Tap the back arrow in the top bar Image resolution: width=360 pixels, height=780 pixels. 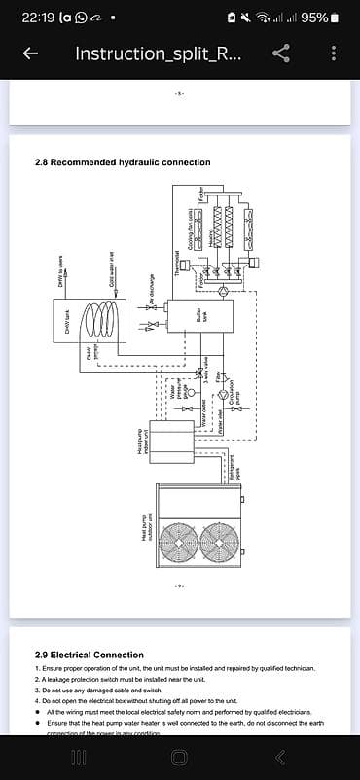click(30, 53)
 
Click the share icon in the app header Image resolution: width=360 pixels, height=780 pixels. click(281, 53)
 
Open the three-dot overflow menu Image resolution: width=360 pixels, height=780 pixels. click(334, 53)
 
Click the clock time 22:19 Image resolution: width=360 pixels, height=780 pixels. click(38, 18)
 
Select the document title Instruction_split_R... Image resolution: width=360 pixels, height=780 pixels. click(159, 53)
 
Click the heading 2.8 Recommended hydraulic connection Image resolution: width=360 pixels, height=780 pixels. click(116, 162)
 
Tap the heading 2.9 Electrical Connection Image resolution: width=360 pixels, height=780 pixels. click(89, 655)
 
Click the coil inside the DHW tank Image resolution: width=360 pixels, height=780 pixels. click(94, 320)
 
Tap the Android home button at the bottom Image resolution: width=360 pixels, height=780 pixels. click(180, 757)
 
